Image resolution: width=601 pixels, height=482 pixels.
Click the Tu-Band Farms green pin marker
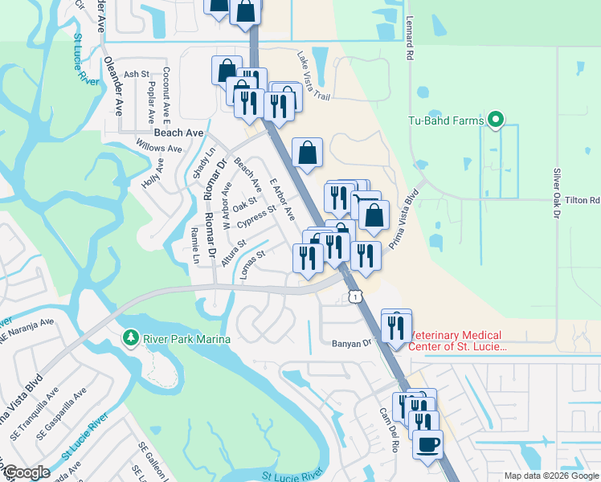496,121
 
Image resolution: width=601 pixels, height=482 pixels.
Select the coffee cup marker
427,444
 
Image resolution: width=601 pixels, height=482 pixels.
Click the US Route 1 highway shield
354,297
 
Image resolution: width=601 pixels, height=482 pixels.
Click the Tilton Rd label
583,200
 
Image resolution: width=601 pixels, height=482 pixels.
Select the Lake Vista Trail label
313,77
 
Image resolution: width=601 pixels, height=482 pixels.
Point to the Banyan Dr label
354,343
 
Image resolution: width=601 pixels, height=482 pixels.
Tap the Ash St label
137,74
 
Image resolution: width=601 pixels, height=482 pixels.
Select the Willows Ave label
159,148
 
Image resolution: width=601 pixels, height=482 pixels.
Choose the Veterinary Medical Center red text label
456,341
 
